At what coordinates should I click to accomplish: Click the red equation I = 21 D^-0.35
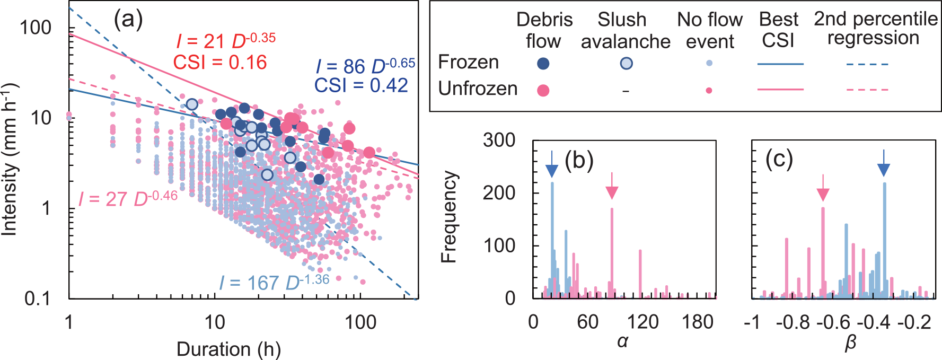(226, 41)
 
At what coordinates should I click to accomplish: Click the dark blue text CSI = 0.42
(361, 85)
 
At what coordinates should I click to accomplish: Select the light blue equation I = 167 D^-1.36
(274, 283)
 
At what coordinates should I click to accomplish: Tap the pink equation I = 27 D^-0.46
(128, 199)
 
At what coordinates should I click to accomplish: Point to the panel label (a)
(128, 20)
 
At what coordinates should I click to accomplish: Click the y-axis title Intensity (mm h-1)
(10, 159)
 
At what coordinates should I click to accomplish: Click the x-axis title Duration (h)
(228, 349)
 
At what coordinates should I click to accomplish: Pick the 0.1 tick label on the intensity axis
(39, 298)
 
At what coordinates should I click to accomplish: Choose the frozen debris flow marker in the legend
(543, 64)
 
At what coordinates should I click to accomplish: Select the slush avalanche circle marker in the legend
(626, 64)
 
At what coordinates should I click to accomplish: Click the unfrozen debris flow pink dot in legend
(543, 90)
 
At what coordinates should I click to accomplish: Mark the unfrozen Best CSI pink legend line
(780, 90)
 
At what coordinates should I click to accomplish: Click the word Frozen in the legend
(469, 63)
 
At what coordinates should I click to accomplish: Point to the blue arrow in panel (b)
(552, 165)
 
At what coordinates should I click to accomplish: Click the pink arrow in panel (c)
(823, 188)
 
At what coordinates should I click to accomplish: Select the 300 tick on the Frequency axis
(499, 140)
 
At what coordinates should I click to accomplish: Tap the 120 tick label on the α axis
(642, 322)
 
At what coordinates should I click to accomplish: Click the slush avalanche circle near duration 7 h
(192, 104)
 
